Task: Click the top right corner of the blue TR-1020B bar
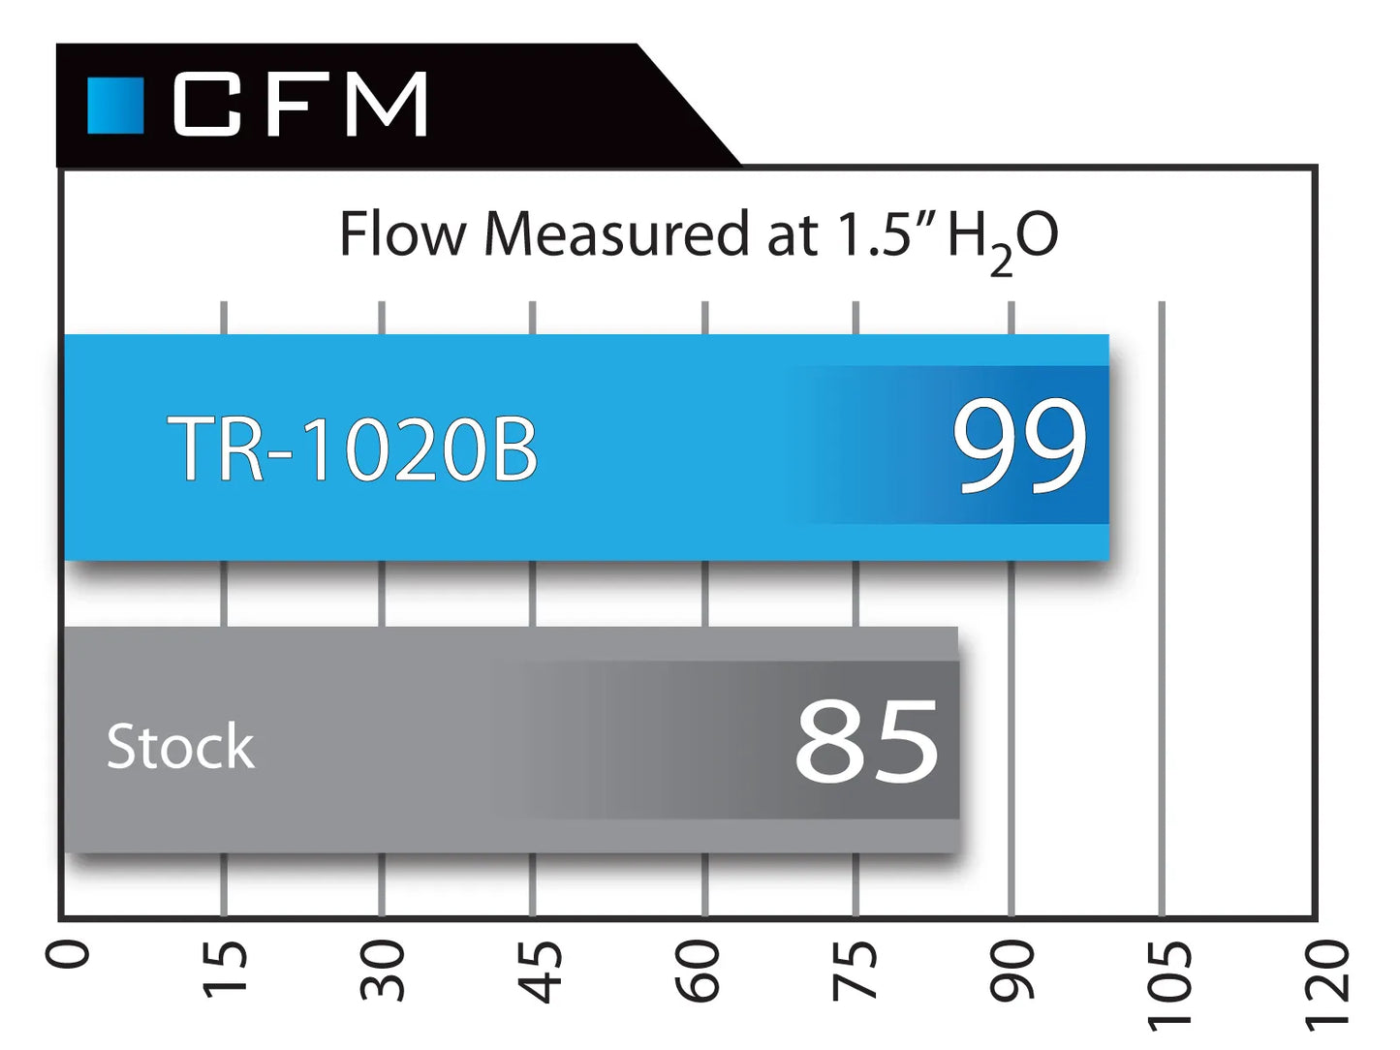coord(1108,335)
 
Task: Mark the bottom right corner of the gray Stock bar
coord(958,851)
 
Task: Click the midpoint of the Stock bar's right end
coord(958,739)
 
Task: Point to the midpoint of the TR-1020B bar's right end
coord(1108,448)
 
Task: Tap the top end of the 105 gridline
coord(1162,303)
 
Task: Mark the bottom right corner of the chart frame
coord(1316,920)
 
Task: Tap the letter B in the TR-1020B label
coord(514,448)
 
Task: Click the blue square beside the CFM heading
coord(115,106)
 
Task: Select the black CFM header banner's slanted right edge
coord(689,106)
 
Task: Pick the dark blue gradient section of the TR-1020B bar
coord(955,445)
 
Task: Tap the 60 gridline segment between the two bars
coord(704,594)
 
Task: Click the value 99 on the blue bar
coord(1018,445)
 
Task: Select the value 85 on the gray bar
coord(867,740)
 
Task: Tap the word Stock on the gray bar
coord(180,745)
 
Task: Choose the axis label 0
coord(67,955)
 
